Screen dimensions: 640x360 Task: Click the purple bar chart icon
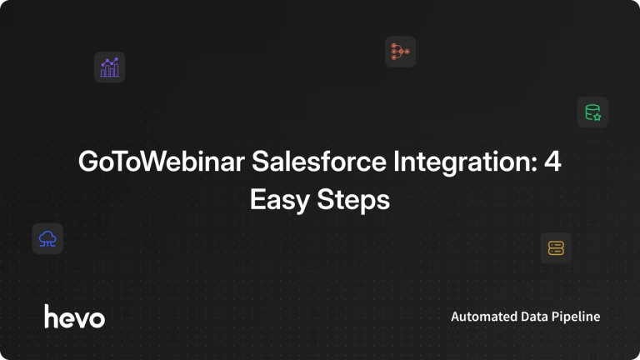109,67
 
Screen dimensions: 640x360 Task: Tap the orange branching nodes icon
400,52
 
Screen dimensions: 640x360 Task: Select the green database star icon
592,112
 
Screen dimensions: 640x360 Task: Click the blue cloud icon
47,239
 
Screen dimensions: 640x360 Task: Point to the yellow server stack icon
556,247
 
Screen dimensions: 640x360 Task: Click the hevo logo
75,317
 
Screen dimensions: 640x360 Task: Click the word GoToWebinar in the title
162,161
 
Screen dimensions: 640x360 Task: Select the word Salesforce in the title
319,161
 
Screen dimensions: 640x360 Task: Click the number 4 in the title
552,161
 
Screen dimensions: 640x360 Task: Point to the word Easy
280,200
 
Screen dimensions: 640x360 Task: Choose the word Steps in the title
353,200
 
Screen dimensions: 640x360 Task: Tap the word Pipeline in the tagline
576,317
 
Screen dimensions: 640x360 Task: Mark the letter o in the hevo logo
97,319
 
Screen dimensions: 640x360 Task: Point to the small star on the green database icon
597,117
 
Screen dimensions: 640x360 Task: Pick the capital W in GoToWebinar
159,161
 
